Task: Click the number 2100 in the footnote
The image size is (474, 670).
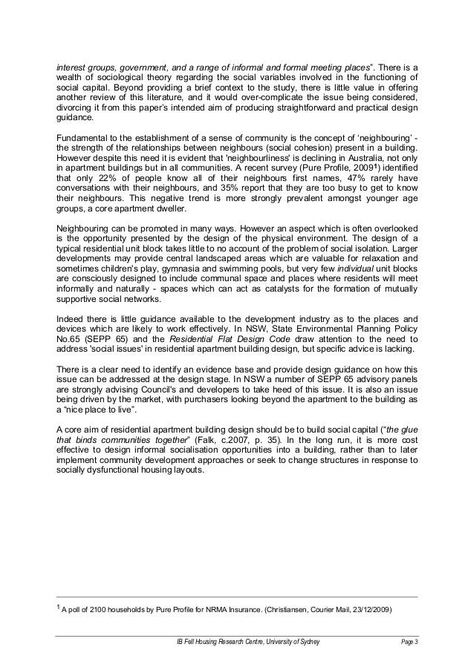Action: pyautogui.click(x=103, y=611)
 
